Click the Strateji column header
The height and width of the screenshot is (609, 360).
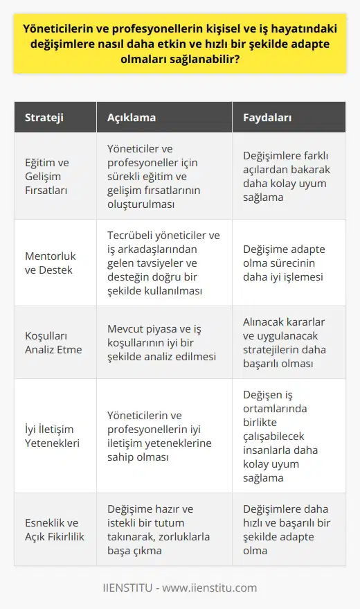pos(45,118)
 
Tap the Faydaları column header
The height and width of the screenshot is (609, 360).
pos(267,118)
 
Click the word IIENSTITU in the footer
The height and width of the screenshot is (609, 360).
pos(130,588)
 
